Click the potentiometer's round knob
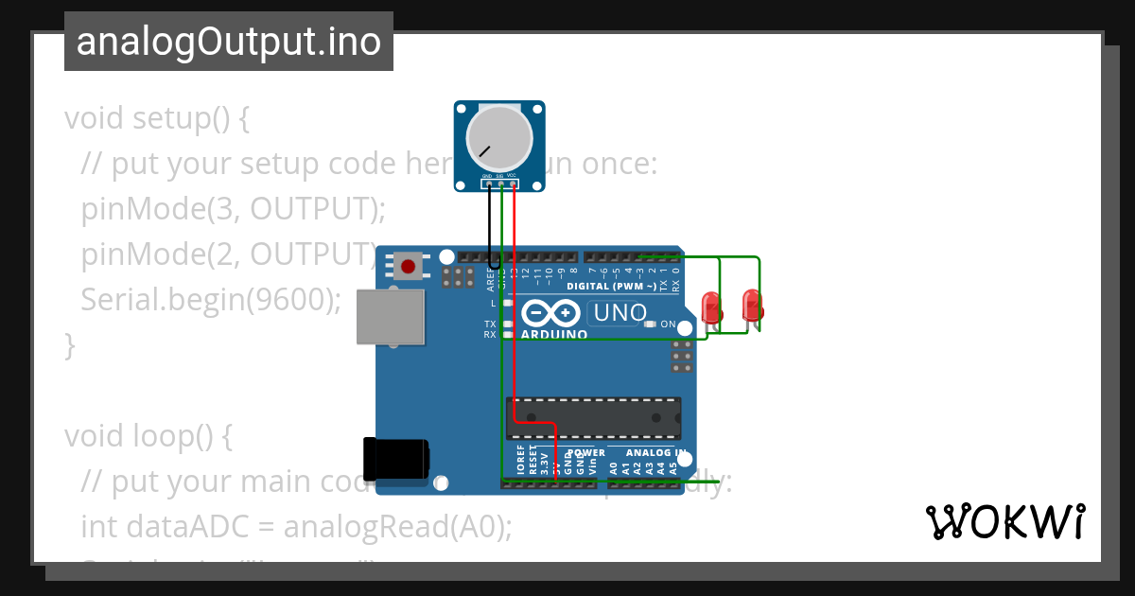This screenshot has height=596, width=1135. click(498, 137)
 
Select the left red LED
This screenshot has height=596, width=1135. click(710, 307)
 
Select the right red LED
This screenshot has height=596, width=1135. click(752, 305)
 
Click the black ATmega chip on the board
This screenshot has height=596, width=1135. click(593, 418)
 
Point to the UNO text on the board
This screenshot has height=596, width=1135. click(619, 312)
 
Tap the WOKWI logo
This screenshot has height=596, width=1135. click(1004, 522)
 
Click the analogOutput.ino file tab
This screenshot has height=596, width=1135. click(229, 42)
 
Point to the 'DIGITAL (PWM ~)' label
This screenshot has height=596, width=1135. click(612, 286)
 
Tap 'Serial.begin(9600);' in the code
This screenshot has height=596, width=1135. click(210, 300)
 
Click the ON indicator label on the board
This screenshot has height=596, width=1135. click(668, 324)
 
